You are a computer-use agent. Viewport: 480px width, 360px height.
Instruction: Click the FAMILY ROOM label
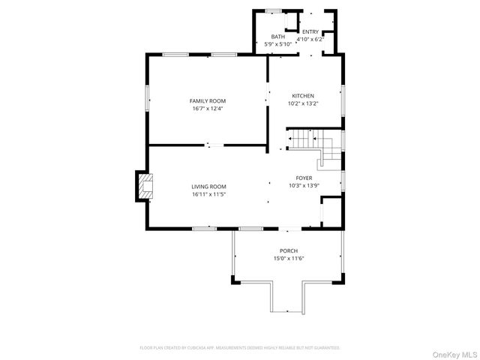tap(207, 100)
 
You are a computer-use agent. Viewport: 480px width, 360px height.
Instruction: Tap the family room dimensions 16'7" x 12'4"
tap(207, 108)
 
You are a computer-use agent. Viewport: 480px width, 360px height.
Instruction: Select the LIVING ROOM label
tap(208, 187)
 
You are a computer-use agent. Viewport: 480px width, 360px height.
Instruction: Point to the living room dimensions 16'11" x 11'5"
tap(208, 194)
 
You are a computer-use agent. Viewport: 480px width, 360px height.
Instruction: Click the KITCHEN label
tap(303, 95)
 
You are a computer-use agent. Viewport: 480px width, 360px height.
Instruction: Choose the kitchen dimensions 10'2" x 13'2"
tap(303, 103)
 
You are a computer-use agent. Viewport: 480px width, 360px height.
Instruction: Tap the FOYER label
tap(304, 178)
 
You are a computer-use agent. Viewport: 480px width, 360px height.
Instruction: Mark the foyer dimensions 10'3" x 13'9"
tap(304, 185)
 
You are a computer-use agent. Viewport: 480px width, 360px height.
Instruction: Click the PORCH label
tap(289, 250)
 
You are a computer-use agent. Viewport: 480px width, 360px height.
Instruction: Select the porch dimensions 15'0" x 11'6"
tap(289, 258)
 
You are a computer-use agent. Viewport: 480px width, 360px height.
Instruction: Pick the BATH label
tap(278, 37)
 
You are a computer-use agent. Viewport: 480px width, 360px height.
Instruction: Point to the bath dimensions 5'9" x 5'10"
tap(278, 44)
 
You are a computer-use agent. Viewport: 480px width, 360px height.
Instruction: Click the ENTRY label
tap(310, 31)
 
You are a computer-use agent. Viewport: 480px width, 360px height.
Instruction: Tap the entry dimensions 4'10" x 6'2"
tap(310, 38)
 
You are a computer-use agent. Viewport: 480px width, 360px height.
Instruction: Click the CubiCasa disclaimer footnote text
tap(240, 347)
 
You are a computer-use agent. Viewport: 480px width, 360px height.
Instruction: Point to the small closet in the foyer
tap(331, 211)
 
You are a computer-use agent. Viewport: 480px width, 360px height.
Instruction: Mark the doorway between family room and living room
tap(214, 145)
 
